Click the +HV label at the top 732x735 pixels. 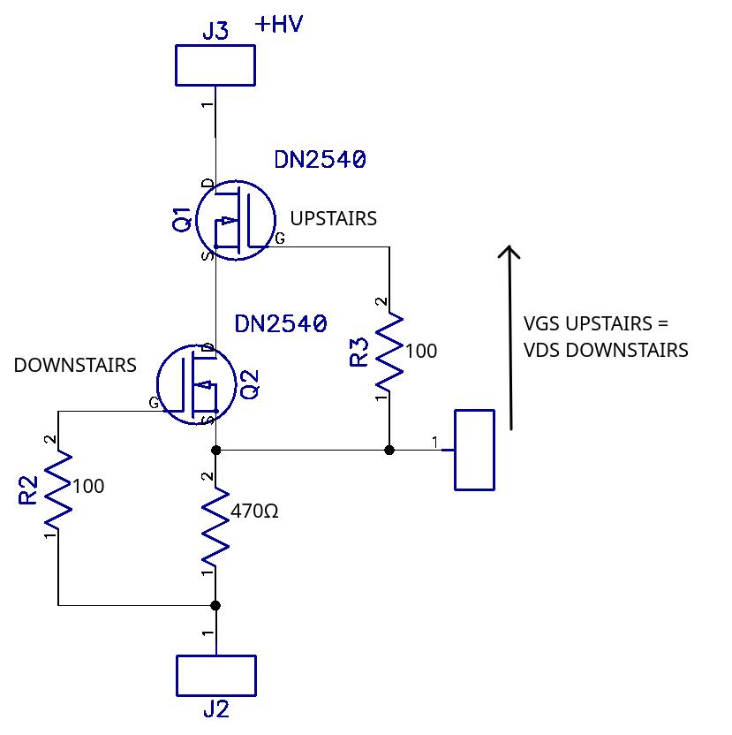point(279,24)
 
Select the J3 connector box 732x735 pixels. point(215,65)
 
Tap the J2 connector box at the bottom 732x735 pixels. point(216,676)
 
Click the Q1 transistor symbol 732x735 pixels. point(231,221)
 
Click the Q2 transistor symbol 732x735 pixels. point(193,384)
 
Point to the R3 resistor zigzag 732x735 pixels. point(389,352)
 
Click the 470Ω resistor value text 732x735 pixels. point(254,511)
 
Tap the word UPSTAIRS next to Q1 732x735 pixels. point(333,218)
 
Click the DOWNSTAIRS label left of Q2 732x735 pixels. point(75,365)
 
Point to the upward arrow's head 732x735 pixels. point(509,253)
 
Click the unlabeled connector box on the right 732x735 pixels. point(475,450)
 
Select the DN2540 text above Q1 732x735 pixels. point(320,160)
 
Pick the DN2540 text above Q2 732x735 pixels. point(281,323)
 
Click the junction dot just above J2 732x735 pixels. point(215,605)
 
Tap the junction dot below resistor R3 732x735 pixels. point(389,450)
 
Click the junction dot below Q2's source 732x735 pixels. point(215,450)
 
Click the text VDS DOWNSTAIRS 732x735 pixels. point(606,350)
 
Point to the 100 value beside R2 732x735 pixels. point(88,486)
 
